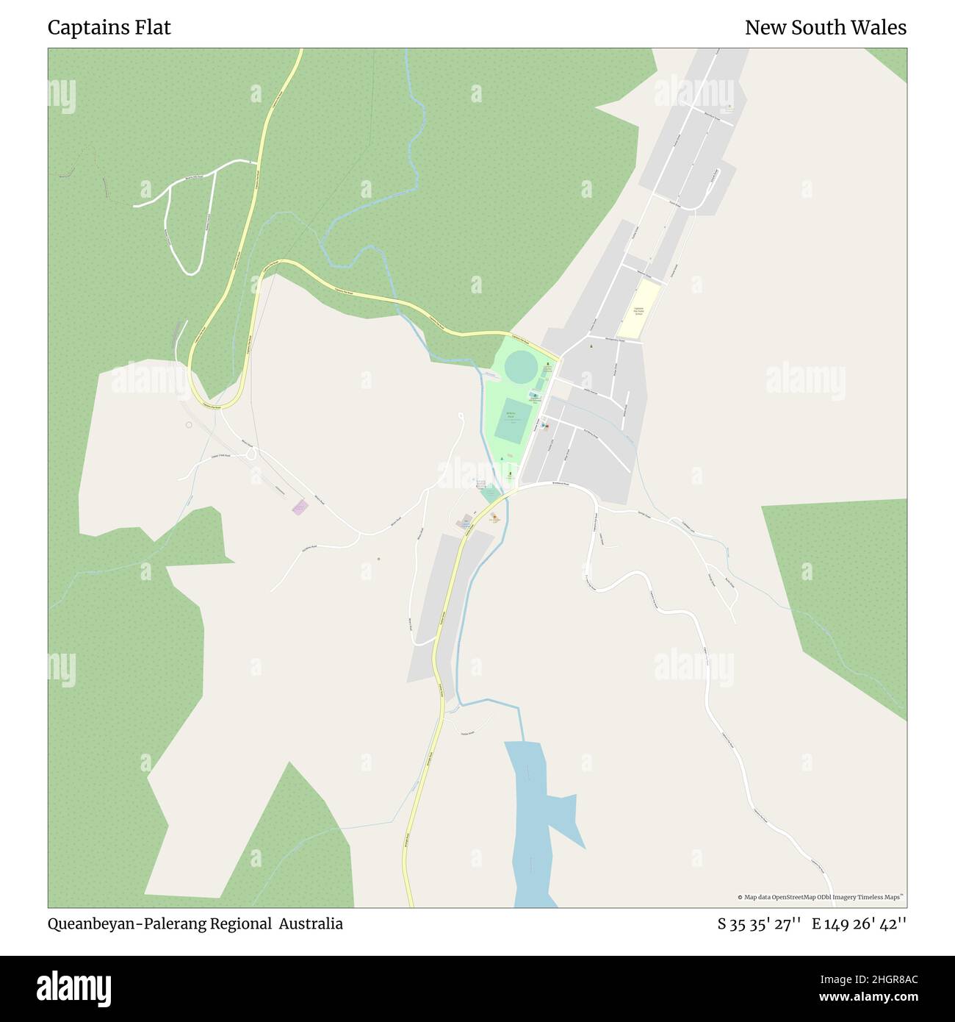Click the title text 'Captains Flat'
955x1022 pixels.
coord(109,28)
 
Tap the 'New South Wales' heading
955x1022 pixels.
coord(825,28)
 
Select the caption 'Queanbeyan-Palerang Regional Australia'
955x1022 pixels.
coord(195,923)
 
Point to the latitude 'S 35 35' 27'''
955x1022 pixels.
coord(758,924)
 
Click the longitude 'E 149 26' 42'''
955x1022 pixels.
coord(859,924)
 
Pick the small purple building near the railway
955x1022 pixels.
coord(300,507)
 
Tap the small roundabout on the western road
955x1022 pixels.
coord(251,454)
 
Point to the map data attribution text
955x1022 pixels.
coord(821,897)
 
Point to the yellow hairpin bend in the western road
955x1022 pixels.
coord(213,397)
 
